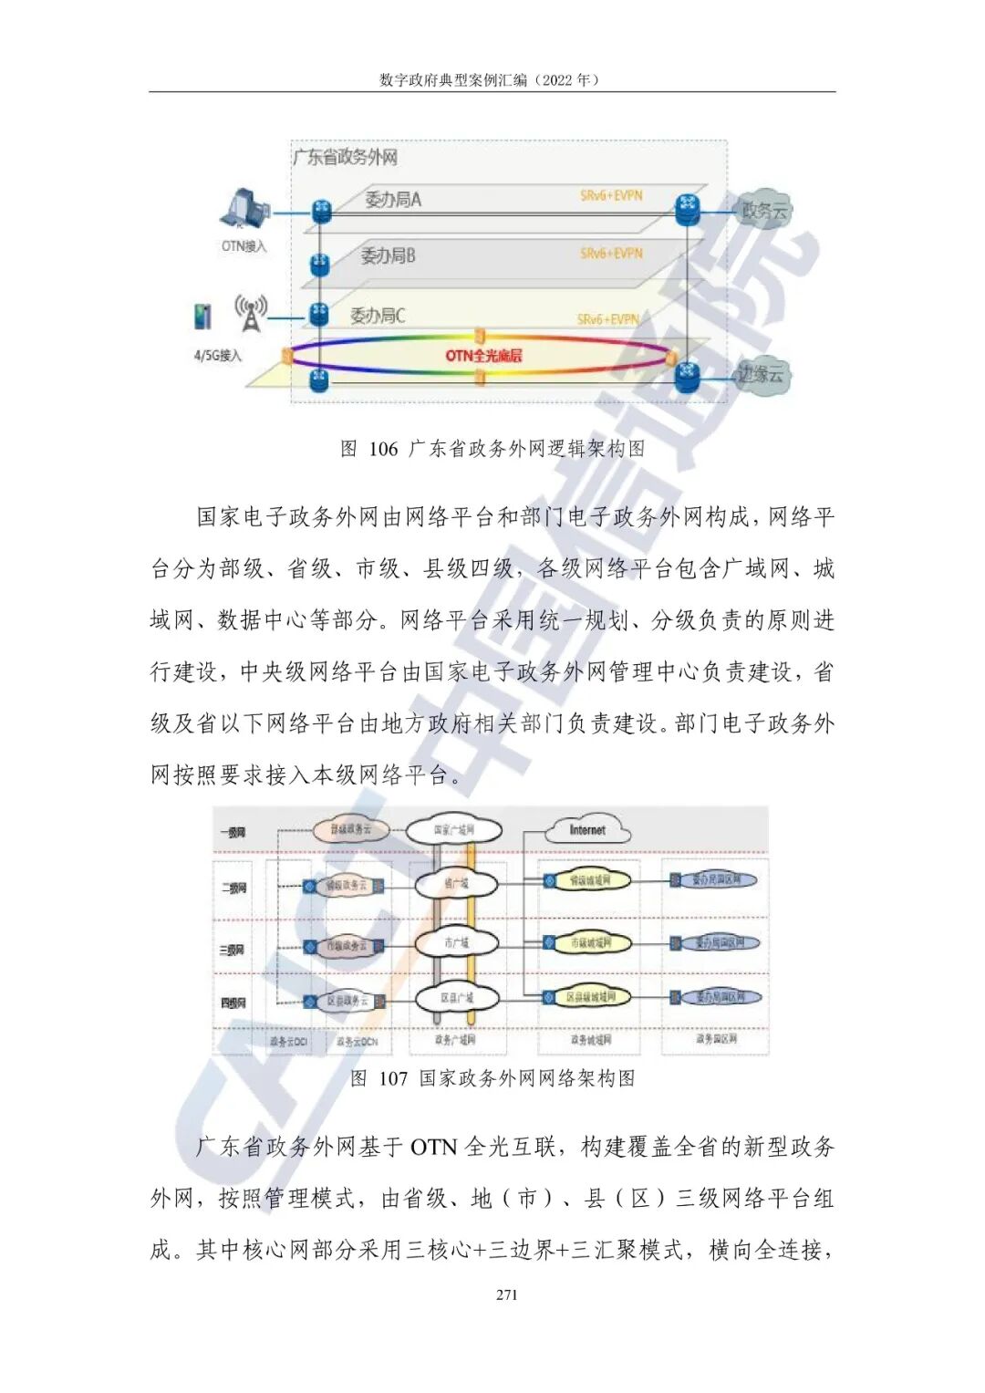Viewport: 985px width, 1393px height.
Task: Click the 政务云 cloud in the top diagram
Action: tap(763, 212)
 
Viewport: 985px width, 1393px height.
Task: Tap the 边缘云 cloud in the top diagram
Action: tap(762, 373)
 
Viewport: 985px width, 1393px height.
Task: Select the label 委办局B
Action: tap(388, 256)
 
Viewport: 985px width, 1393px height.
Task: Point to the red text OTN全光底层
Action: tap(483, 355)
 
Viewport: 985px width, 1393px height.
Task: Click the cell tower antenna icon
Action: tap(250, 312)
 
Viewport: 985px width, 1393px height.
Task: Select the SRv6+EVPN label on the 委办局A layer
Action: tap(611, 195)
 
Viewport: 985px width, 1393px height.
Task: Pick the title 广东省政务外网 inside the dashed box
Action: tap(346, 157)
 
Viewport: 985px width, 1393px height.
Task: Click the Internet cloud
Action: tap(587, 830)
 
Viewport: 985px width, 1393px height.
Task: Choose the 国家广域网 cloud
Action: tap(453, 830)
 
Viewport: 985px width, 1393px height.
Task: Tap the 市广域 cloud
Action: tap(456, 942)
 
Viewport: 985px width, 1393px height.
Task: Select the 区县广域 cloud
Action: tap(456, 998)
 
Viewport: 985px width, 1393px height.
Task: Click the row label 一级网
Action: tap(233, 832)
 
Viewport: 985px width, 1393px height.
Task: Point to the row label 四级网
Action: tap(233, 1003)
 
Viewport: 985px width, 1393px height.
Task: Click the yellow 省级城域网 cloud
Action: tap(588, 880)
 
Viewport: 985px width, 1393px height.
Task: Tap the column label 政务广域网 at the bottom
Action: tap(455, 1040)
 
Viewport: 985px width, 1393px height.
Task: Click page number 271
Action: tap(507, 1294)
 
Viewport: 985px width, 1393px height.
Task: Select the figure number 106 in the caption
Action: tap(384, 449)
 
